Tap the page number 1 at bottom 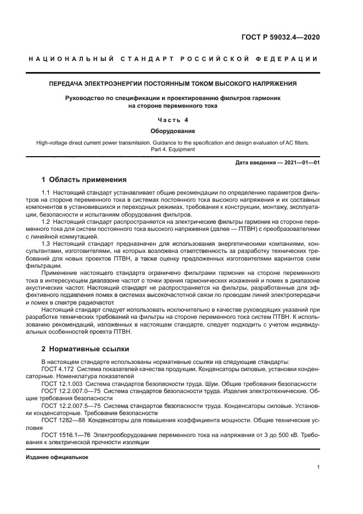point(318,467)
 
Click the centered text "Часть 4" point(173,119)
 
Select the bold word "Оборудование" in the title point(173,131)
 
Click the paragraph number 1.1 point(46,194)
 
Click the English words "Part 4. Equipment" point(173,149)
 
